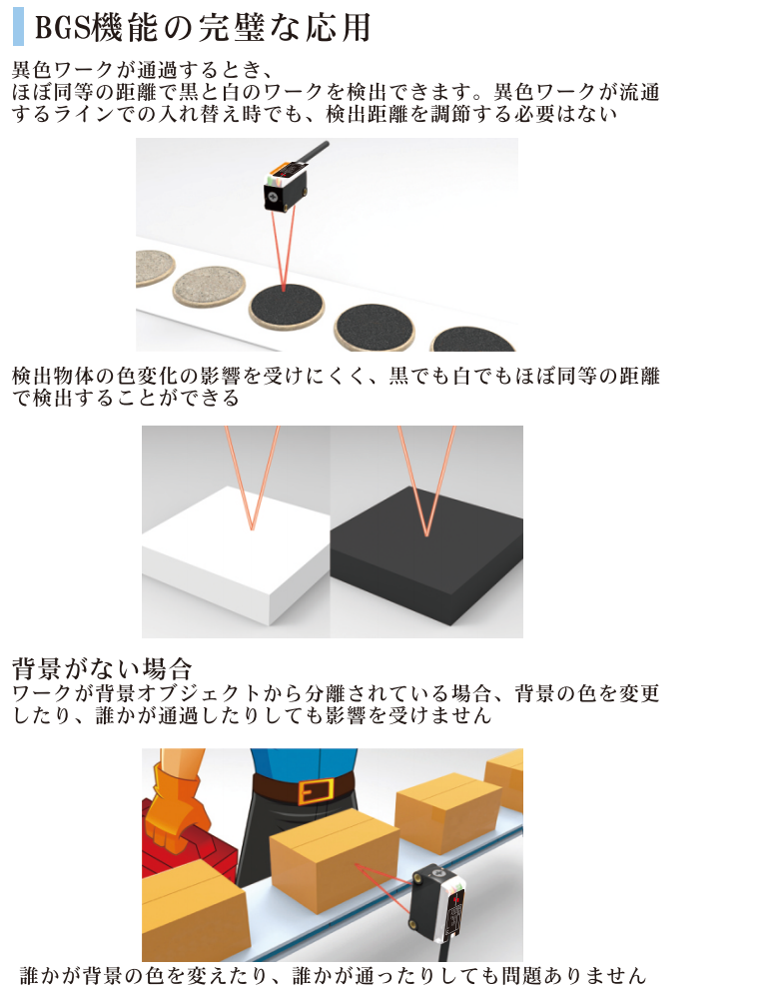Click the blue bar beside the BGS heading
click(18, 27)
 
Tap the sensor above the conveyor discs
click(286, 186)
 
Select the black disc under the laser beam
click(286, 307)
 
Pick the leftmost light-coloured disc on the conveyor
click(154, 268)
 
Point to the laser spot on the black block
click(426, 533)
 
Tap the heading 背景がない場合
click(102, 668)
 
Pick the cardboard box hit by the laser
click(334, 861)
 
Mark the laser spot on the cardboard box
click(357, 865)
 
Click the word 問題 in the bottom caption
click(522, 975)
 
